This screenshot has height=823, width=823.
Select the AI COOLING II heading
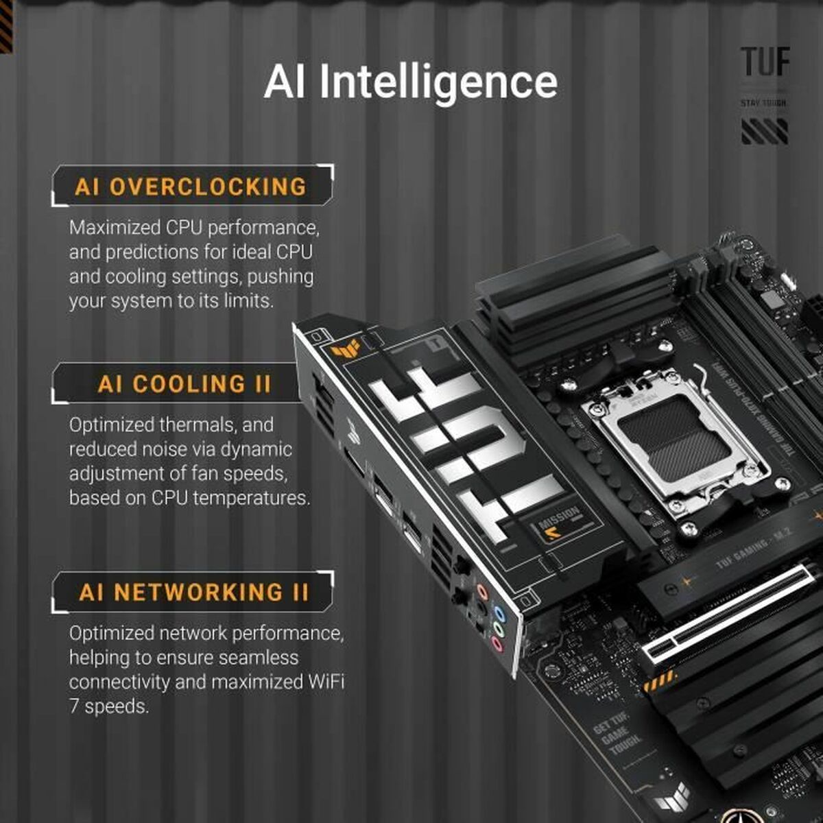pyautogui.click(x=184, y=384)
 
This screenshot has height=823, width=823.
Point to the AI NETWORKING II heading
pyautogui.click(x=194, y=592)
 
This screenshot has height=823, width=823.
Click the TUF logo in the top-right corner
pyautogui.click(x=765, y=62)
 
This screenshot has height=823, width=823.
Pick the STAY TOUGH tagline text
pyautogui.click(x=764, y=103)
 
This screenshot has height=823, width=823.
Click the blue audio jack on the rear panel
pyautogui.click(x=499, y=614)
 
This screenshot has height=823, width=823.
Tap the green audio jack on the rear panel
pyautogui.click(x=499, y=630)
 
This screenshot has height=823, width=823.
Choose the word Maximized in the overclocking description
pyautogui.click(x=115, y=227)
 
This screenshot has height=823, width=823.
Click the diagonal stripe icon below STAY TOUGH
pyautogui.click(x=764, y=130)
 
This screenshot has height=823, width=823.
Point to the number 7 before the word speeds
pyautogui.click(x=74, y=706)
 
